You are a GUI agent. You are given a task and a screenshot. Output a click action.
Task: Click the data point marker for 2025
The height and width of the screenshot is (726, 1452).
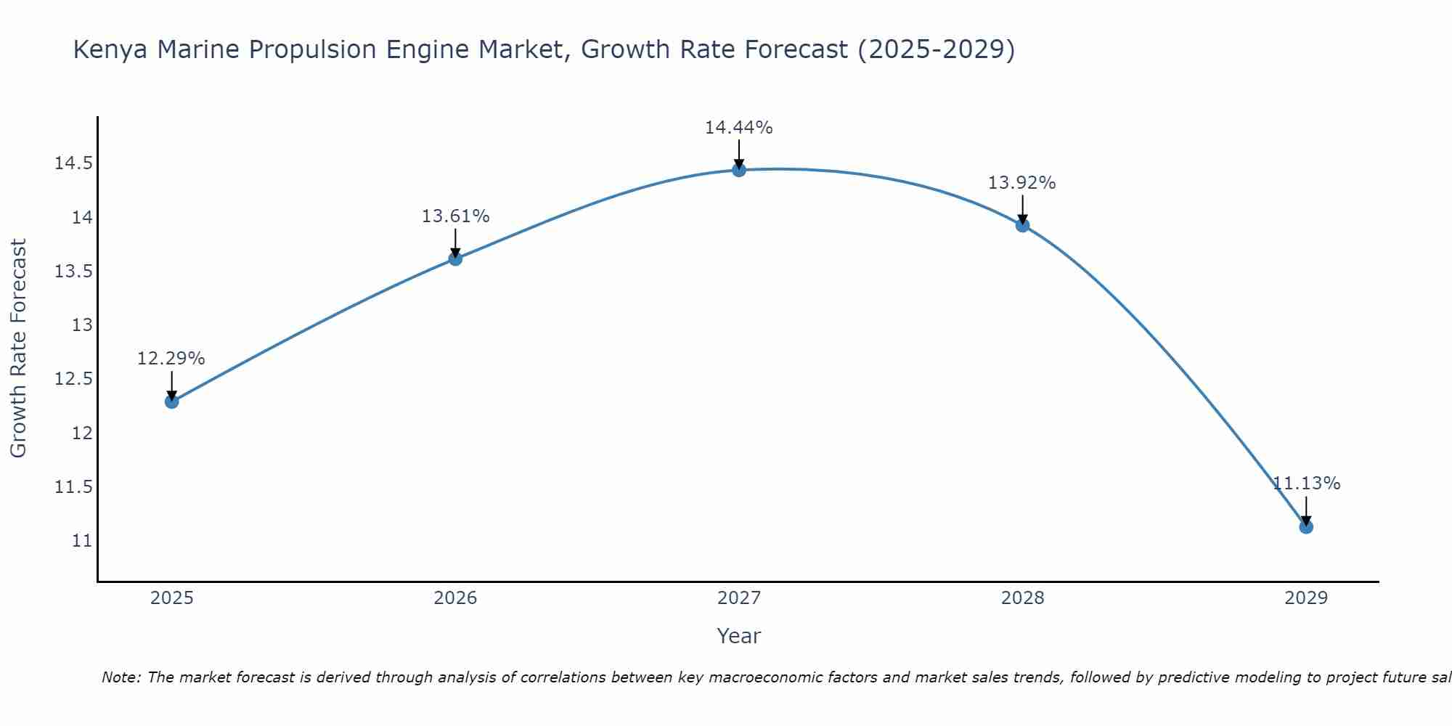(x=171, y=401)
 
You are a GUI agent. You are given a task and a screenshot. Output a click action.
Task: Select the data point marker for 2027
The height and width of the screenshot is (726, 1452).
(x=739, y=170)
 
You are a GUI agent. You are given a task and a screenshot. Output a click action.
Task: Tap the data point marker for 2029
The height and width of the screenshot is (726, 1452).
(x=1306, y=526)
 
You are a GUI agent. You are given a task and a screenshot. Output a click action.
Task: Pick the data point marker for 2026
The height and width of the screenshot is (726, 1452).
(x=455, y=258)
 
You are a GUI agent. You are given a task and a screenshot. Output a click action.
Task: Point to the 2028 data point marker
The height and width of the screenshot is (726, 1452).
(x=1022, y=225)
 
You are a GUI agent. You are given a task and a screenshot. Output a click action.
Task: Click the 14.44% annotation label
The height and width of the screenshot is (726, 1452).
(x=739, y=128)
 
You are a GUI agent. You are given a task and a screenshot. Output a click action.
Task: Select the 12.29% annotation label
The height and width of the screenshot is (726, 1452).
(x=171, y=359)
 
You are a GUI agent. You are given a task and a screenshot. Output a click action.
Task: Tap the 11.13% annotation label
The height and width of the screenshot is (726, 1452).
(x=1306, y=484)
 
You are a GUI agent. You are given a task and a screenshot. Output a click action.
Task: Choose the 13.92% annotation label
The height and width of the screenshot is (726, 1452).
(x=1022, y=183)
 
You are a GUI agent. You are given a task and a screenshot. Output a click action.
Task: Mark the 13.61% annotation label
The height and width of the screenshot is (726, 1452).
(x=455, y=216)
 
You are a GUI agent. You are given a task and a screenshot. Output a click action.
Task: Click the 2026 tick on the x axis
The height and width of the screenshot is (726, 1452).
(x=455, y=598)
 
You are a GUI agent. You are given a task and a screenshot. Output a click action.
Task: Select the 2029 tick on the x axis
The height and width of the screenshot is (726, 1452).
(x=1306, y=598)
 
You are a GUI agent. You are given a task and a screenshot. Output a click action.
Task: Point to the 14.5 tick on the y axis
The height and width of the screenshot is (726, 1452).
(x=73, y=163)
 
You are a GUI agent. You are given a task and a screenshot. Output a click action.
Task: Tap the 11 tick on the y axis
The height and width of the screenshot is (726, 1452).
(x=82, y=541)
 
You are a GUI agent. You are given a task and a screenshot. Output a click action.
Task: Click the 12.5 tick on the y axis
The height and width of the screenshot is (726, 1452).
(x=73, y=379)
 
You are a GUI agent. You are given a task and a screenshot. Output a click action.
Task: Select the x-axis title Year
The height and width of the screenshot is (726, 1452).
(x=739, y=636)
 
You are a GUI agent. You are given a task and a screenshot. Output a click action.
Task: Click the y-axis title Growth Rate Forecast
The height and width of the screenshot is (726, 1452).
(x=18, y=348)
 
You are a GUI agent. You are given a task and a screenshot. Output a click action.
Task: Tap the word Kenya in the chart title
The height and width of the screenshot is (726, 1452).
(x=111, y=50)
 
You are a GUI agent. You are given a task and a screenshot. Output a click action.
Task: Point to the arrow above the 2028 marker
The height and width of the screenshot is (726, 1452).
(x=1022, y=209)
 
